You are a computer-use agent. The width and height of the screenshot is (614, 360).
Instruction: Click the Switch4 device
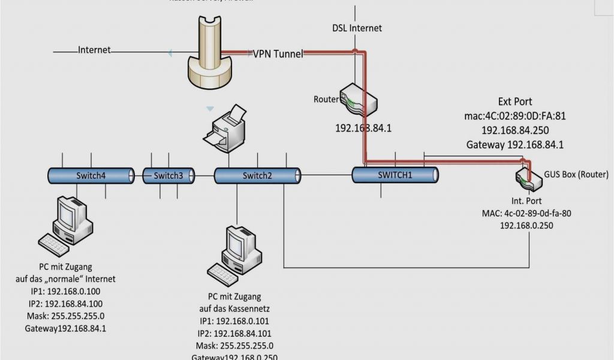91,175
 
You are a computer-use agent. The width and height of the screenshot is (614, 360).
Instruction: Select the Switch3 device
168,175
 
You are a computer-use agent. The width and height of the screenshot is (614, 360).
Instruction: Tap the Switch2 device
257,175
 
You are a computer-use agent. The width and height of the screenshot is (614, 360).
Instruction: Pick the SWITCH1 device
395,175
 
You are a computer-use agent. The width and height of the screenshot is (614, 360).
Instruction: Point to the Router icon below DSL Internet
358,100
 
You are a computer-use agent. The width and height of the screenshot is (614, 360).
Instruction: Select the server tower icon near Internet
209,51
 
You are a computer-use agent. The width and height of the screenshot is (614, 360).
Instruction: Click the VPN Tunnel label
278,53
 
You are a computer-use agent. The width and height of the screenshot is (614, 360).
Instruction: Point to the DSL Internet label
357,28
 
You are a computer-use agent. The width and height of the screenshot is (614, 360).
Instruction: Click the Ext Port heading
514,102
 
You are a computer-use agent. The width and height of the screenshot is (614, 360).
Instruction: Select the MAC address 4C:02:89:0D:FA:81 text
514,116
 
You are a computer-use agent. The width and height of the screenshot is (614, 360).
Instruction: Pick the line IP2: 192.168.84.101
234,334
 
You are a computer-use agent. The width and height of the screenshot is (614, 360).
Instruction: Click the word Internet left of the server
95,50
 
